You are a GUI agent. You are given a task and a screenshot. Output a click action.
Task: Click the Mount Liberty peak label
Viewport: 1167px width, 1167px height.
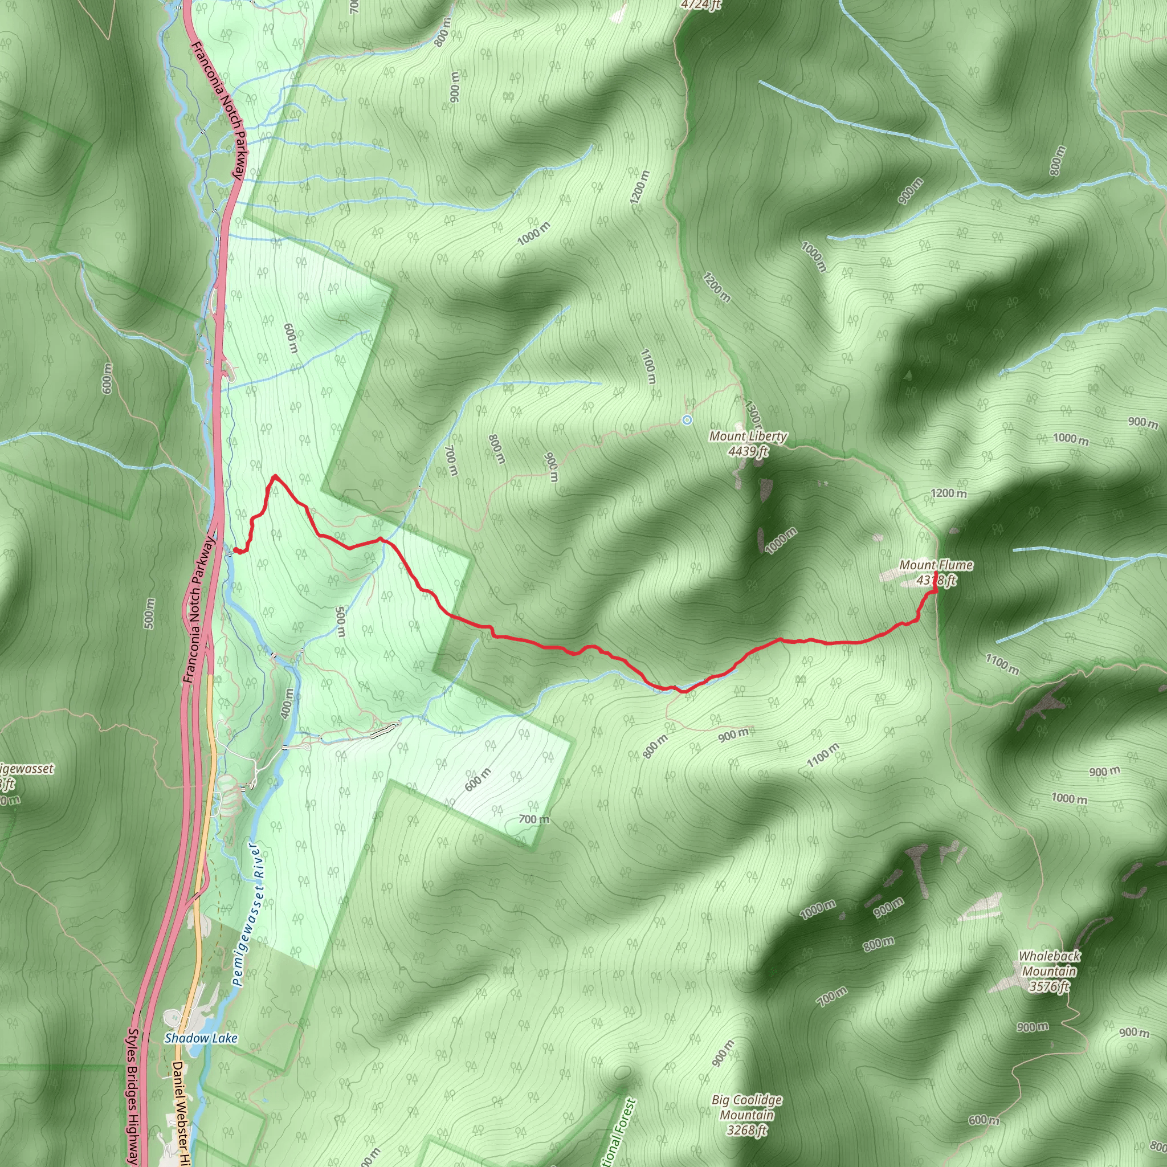748,436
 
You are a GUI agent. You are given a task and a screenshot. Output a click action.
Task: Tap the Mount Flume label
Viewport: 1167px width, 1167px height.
936,565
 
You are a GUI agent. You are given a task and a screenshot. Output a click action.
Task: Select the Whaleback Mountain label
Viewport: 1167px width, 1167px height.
1049,964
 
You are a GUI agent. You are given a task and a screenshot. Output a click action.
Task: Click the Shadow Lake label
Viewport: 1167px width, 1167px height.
201,1038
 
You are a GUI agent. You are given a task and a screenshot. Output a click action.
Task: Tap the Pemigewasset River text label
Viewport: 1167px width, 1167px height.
249,915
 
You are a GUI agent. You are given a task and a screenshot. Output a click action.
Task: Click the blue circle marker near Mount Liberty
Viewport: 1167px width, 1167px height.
687,420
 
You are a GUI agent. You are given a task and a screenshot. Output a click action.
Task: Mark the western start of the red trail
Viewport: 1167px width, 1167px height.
234,550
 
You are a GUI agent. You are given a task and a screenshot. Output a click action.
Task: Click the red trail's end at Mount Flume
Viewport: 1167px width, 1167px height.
936,573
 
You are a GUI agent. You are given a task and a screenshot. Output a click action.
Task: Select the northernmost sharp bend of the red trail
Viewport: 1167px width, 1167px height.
275,476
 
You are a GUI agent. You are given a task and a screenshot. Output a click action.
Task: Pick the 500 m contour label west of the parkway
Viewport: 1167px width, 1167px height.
150,613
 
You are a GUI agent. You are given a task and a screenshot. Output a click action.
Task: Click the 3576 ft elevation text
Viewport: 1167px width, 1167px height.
1049,986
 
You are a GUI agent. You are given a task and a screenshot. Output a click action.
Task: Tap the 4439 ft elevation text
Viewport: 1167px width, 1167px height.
748,451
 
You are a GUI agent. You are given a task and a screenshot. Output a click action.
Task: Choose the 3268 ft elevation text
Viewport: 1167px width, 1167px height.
746,1130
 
